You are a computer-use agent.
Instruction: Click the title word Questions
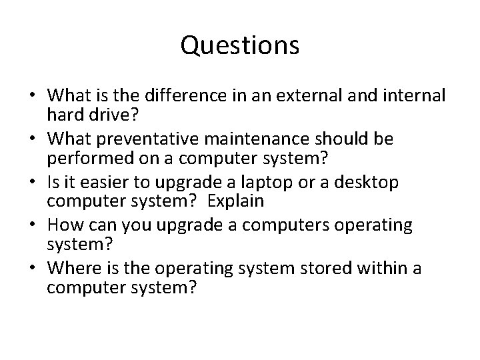click(240, 46)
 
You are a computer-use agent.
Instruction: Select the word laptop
click(257, 182)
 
